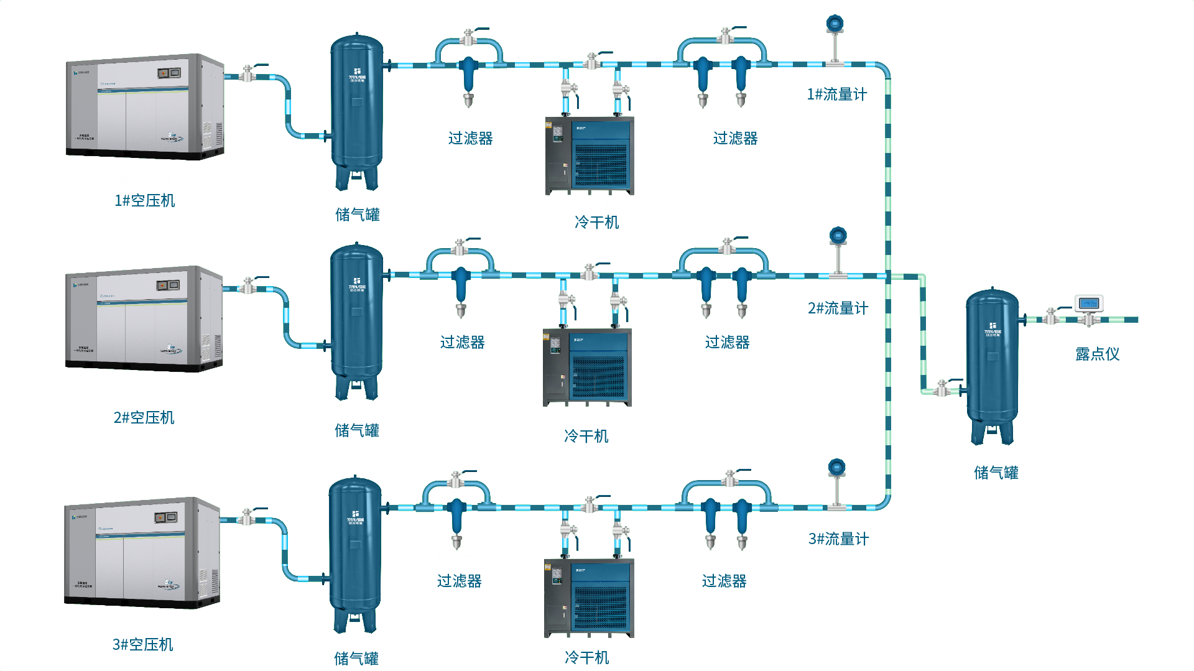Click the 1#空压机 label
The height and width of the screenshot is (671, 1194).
(x=144, y=200)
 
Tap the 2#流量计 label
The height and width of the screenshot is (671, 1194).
(x=838, y=308)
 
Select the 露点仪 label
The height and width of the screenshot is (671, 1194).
(x=1097, y=354)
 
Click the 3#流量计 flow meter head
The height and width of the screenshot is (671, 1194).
(x=837, y=468)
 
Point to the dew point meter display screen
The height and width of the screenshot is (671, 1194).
(x=1089, y=303)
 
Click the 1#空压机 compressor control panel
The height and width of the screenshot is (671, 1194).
(x=168, y=73)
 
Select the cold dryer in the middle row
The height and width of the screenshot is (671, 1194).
(x=587, y=367)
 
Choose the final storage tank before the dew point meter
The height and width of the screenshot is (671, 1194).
(x=993, y=364)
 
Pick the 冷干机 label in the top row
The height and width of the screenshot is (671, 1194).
(x=597, y=222)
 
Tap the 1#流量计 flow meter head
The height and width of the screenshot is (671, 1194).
(x=835, y=24)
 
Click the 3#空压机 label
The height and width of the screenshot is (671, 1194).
(x=142, y=644)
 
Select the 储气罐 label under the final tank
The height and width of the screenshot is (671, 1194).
(x=996, y=472)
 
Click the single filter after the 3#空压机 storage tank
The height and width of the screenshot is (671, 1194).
(x=456, y=519)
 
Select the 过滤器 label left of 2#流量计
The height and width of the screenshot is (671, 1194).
(x=727, y=341)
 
